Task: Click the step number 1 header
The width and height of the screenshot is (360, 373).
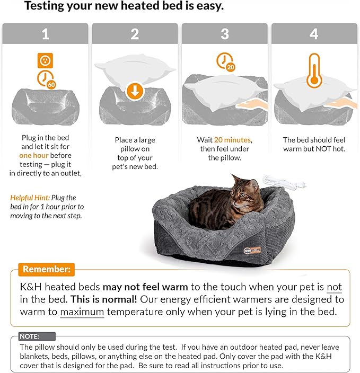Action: click(x=45, y=34)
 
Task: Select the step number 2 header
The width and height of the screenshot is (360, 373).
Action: click(x=135, y=34)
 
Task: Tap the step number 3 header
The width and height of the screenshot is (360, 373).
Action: click(x=225, y=34)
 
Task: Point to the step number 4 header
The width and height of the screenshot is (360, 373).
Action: click(x=314, y=34)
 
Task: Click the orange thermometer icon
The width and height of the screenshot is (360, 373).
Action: click(x=314, y=70)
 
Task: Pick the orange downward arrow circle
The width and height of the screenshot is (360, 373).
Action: click(x=135, y=91)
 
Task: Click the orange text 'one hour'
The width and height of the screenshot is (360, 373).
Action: click(x=34, y=155)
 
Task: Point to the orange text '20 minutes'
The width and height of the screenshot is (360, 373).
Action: click(x=233, y=140)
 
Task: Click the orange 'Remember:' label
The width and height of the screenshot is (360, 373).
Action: click(x=46, y=269)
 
